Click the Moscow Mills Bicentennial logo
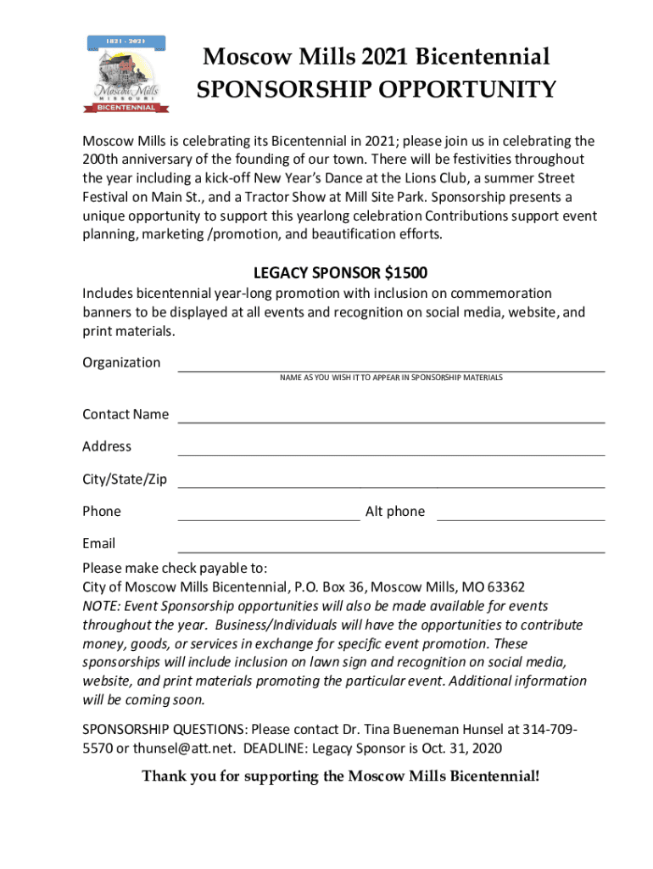[x=128, y=75]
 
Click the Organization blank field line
[x=390, y=370]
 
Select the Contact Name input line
[x=390, y=421]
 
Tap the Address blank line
[x=390, y=454]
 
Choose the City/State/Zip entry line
[x=390, y=486]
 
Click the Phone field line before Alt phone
[x=268, y=519]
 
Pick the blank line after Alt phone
[x=520, y=519]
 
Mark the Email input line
[x=390, y=552]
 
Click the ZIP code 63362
[x=504, y=586]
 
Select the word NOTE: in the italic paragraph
[x=102, y=606]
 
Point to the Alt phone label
[x=394, y=512]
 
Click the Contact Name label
[x=125, y=414]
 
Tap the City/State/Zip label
[x=125, y=479]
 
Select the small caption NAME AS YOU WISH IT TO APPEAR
[x=391, y=377]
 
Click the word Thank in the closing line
[x=162, y=776]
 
